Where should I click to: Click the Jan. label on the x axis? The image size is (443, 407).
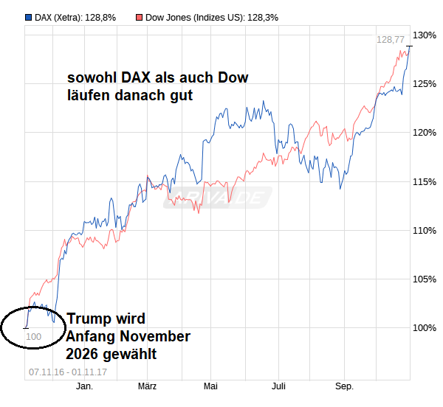[x=85, y=386]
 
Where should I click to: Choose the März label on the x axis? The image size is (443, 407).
[x=147, y=386]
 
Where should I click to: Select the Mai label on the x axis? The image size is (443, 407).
[x=210, y=386]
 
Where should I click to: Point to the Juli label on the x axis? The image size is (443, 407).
[x=278, y=386]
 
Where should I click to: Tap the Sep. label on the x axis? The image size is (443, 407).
[x=344, y=386]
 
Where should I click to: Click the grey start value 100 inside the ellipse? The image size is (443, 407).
[x=34, y=337]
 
